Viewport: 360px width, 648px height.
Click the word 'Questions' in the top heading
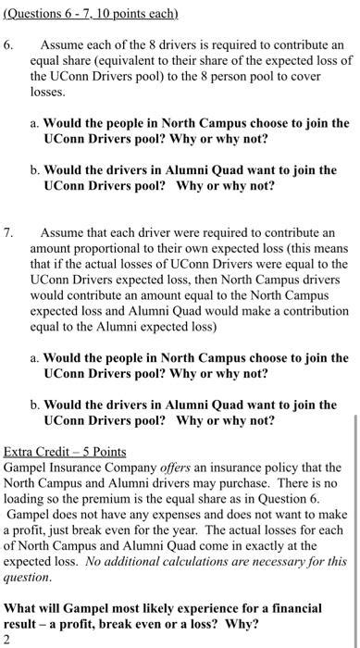pyautogui.click(x=36, y=12)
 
